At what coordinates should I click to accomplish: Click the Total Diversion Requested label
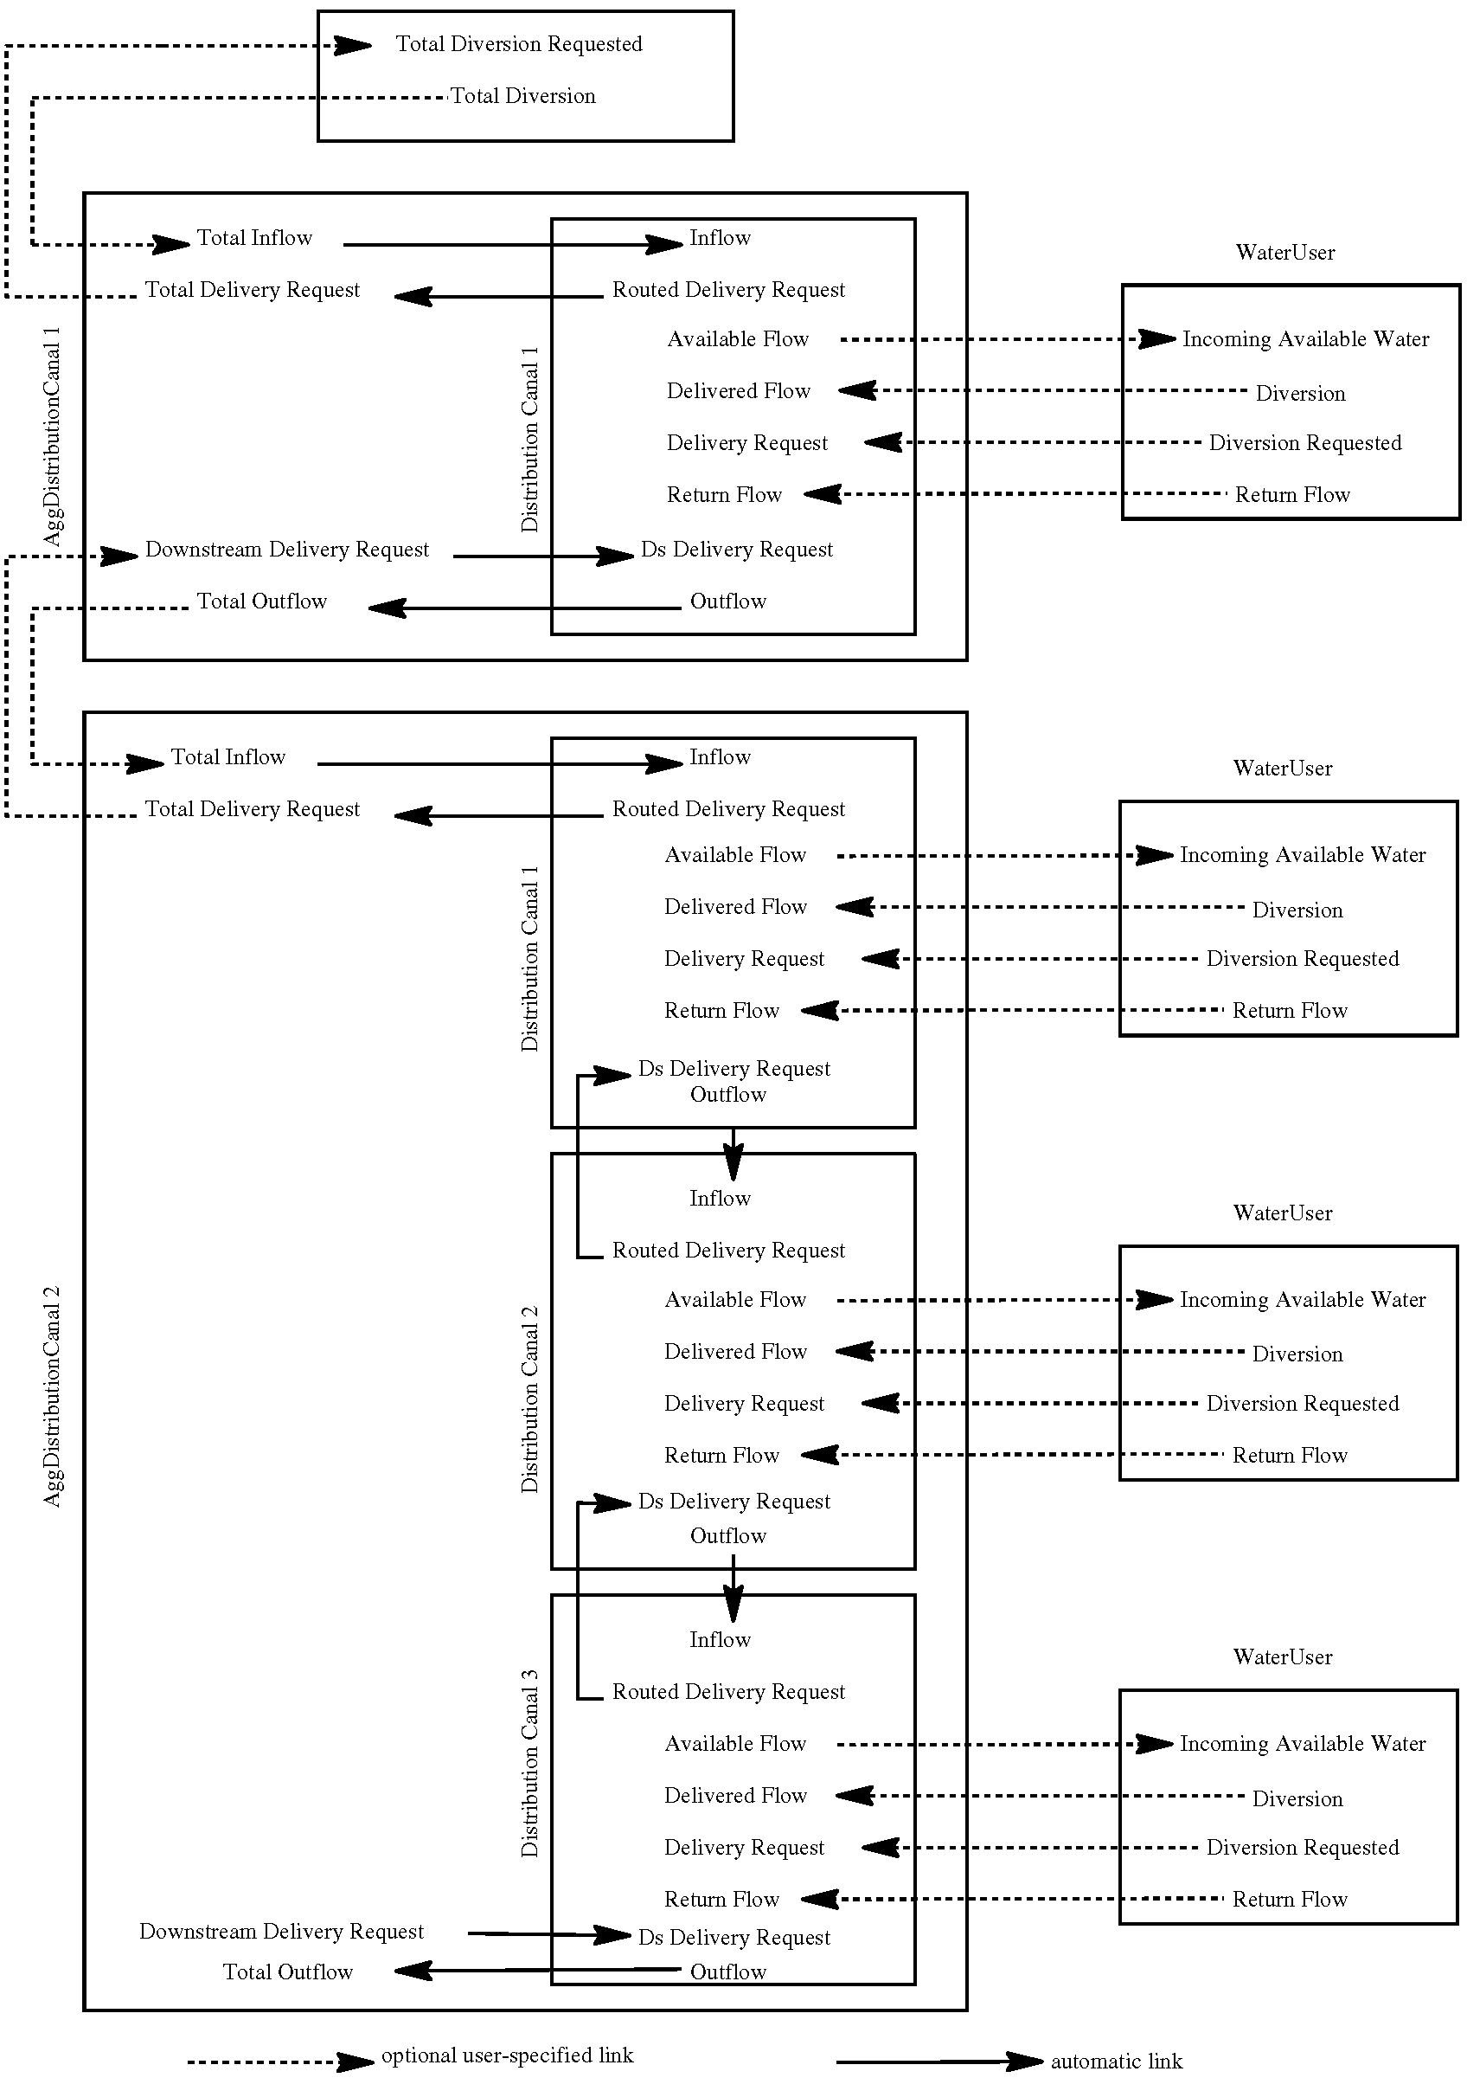pos(518,44)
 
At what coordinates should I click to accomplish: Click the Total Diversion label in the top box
pos(522,96)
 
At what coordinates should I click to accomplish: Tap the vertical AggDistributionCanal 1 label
pos(53,436)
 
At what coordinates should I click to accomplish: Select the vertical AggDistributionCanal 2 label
pos(53,1397)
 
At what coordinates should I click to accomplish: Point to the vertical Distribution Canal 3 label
pos(529,1764)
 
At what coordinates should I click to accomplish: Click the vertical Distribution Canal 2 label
pos(529,1399)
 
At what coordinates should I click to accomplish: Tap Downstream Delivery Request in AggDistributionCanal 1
pos(286,550)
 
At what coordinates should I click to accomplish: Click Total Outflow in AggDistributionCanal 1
pos(262,601)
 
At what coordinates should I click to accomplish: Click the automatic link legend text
pos(1116,2062)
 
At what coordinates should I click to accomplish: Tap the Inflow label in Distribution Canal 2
pos(720,1199)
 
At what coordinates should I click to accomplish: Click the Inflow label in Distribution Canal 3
pos(720,1640)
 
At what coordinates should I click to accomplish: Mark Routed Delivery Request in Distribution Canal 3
pos(728,1692)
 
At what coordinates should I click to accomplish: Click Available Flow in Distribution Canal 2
pos(735,1300)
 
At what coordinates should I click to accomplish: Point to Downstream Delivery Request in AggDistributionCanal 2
pos(281,1932)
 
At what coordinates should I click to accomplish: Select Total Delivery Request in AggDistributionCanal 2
pos(252,809)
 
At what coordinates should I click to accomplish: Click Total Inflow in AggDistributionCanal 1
pos(253,238)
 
